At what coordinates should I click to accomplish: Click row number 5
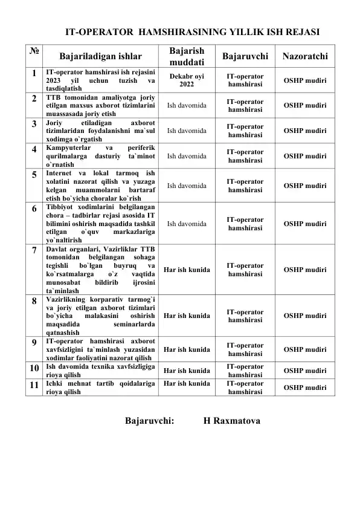pos(34,175)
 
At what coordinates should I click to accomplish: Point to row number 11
pos(34,383)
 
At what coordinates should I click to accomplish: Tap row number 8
pos(34,300)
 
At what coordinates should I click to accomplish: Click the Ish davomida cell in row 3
pos(186,129)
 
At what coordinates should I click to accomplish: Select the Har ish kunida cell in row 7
pos(186,269)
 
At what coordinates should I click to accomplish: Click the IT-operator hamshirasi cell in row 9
pos(245,349)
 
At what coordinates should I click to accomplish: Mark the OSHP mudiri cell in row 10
pos(305,370)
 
